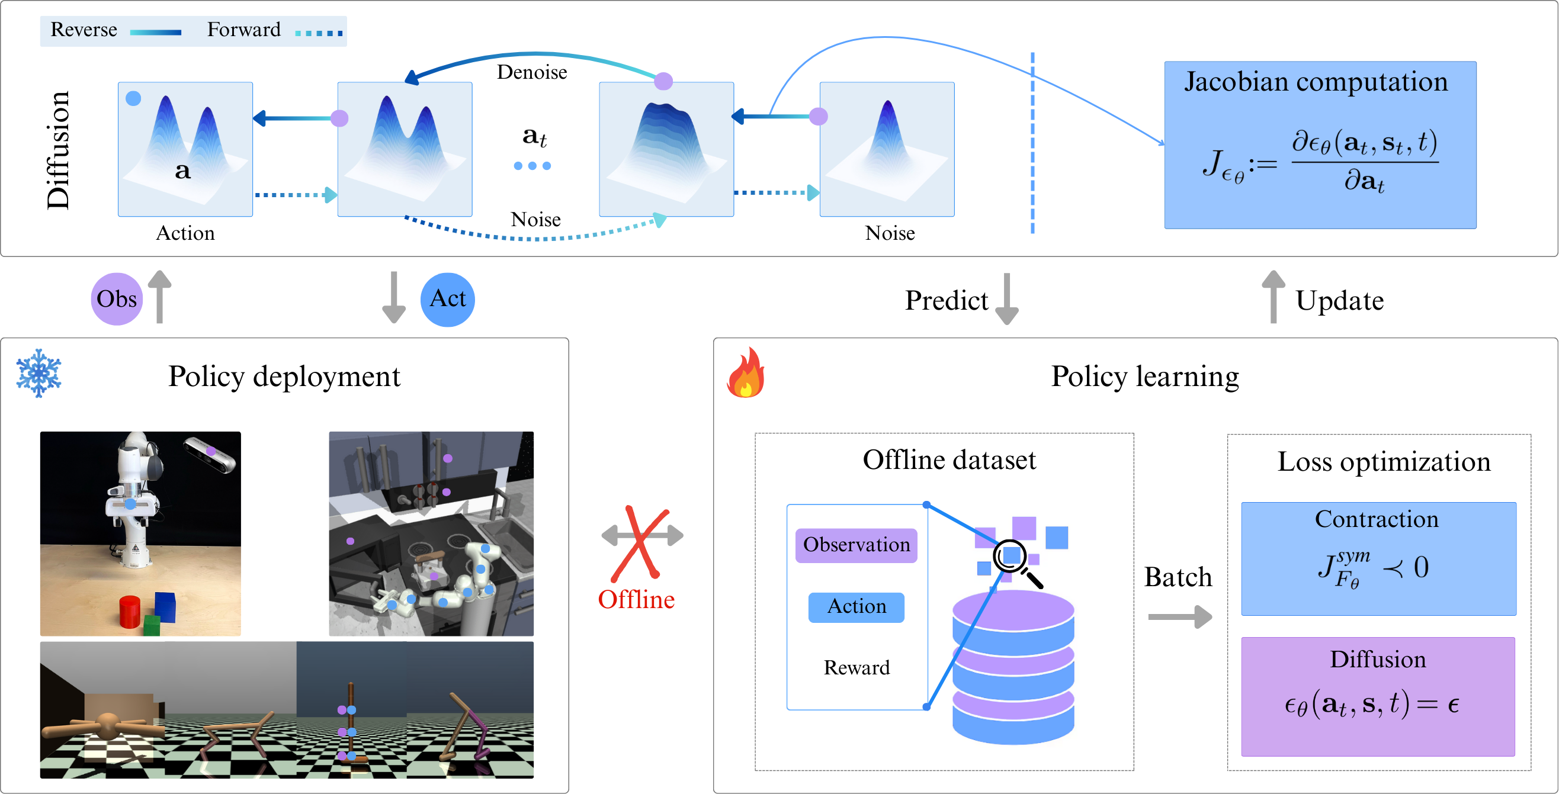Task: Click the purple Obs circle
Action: click(117, 298)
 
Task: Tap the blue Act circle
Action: click(447, 299)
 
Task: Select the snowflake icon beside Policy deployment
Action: click(39, 373)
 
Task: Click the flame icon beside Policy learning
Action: click(746, 373)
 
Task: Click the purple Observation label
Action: click(856, 545)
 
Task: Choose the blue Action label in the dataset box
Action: click(856, 606)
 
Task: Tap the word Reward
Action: click(856, 667)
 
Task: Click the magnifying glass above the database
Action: click(1013, 560)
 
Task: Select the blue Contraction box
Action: click(1378, 558)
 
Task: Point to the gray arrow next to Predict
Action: click(1006, 298)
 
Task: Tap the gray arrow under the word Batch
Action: click(1179, 617)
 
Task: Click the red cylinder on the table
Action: click(130, 612)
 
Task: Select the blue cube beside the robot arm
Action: click(165, 606)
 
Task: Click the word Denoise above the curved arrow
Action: click(531, 72)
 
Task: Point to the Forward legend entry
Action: click(244, 30)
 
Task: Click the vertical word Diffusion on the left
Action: click(59, 150)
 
